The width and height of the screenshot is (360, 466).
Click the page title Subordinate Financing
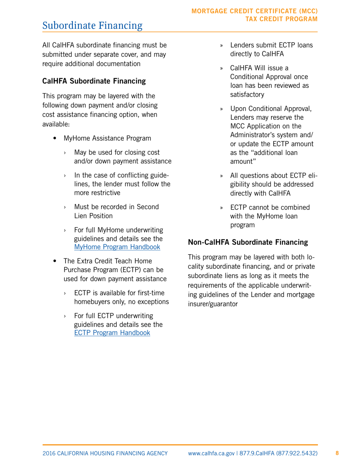tap(92, 26)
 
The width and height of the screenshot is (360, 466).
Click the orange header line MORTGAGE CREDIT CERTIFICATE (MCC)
tap(255, 11)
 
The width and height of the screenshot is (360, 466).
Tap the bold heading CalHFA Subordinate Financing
tap(94, 81)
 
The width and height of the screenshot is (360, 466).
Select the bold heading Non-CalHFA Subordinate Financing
tap(248, 242)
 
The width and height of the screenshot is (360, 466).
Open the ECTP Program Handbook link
tap(112, 333)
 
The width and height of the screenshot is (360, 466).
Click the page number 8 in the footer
tap(338, 453)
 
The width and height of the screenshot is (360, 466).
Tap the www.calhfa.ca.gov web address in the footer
tap(212, 453)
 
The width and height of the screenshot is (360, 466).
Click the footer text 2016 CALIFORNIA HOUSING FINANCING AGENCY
tap(105, 453)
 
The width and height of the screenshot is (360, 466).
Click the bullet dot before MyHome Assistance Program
tap(55, 138)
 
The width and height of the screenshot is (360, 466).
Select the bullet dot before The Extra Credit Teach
tap(55, 261)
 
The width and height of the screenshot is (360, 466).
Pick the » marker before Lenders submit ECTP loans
tap(222, 45)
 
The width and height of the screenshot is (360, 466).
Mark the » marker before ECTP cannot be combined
tap(222, 208)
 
